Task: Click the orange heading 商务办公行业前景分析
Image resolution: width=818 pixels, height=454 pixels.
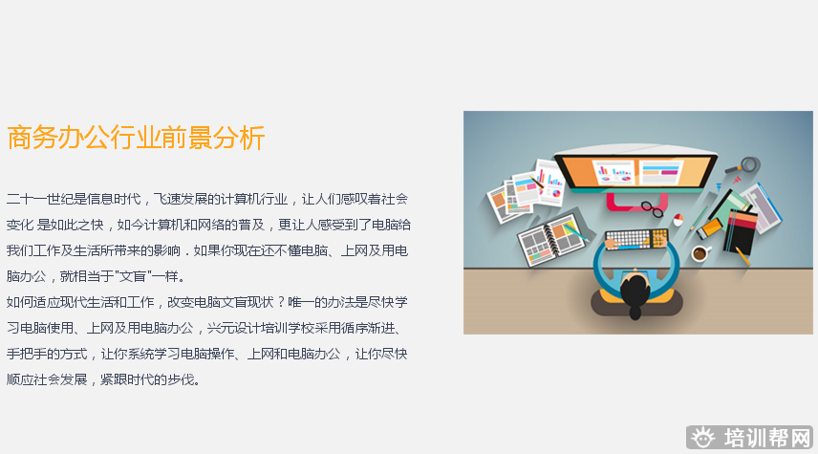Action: pos(135,139)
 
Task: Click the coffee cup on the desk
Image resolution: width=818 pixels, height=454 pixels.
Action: pos(700,253)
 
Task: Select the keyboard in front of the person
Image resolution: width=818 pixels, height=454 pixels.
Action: pos(636,238)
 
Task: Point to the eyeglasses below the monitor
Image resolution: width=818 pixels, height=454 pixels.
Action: pos(652,206)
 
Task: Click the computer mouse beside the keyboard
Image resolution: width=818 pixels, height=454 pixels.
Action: pos(678,219)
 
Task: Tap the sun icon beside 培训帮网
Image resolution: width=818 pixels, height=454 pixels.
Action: pos(703,438)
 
